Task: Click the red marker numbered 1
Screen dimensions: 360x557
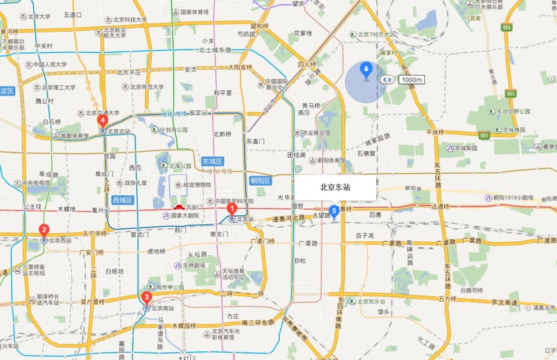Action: tap(232, 209)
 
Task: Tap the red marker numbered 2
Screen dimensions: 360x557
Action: tap(44, 230)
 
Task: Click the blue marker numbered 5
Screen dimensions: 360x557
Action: tap(334, 212)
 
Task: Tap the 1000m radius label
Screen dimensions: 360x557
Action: tap(410, 79)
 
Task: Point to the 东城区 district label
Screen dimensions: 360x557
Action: tap(213, 161)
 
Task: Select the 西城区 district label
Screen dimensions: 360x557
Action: tap(124, 199)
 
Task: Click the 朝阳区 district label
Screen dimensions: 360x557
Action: tap(259, 181)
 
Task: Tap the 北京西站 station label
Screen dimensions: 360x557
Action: tap(62, 240)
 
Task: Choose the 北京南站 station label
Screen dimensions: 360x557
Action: tap(164, 308)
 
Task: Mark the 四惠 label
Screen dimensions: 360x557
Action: tap(375, 215)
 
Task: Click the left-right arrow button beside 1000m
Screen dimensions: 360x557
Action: tap(388, 79)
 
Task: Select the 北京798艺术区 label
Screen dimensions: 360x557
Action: tap(378, 34)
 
